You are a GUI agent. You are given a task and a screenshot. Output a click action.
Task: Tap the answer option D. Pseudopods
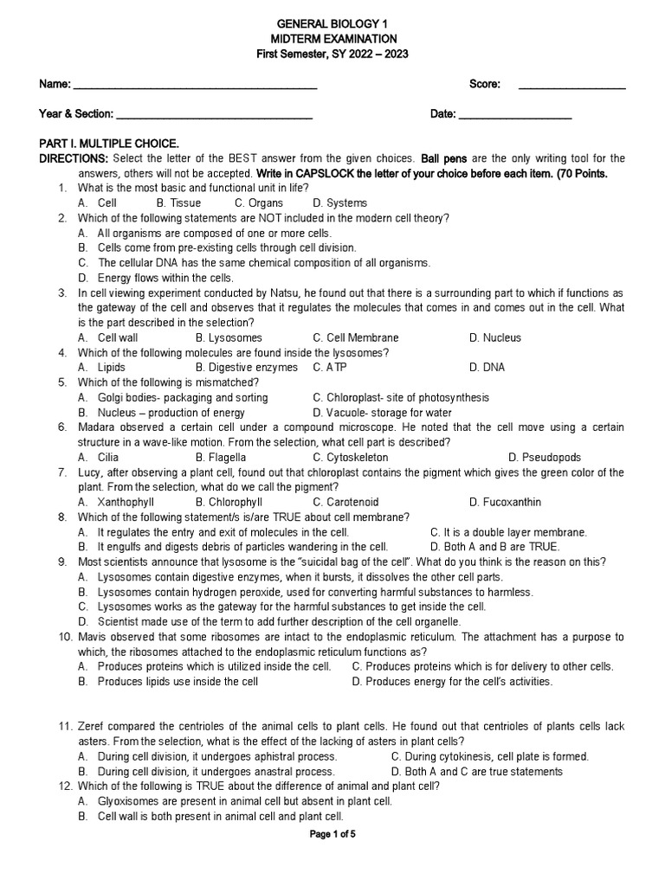click(545, 458)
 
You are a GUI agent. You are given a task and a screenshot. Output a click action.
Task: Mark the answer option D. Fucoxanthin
click(505, 502)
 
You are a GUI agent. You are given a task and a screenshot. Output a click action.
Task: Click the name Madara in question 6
click(98, 427)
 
